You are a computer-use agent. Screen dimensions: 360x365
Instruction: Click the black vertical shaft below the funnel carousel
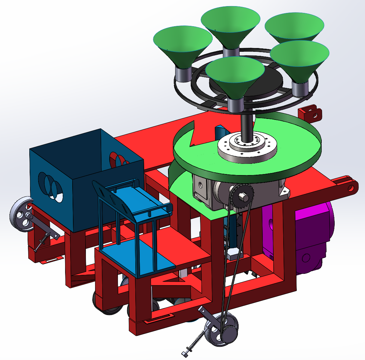pyautogui.click(x=247, y=124)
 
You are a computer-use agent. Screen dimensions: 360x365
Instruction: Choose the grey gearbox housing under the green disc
pyautogui.click(x=211, y=191)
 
